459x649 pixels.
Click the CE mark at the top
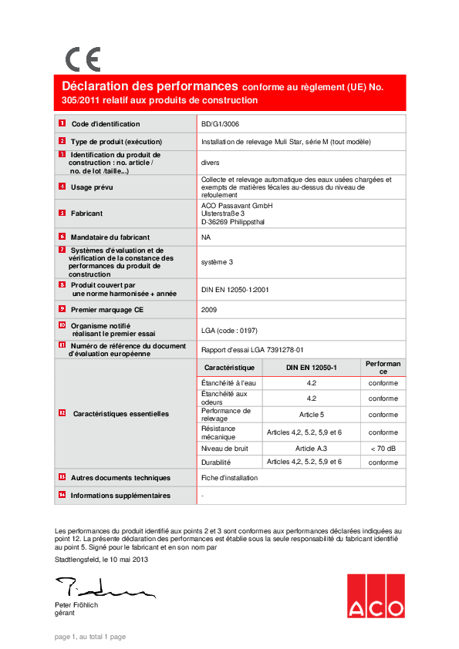83,59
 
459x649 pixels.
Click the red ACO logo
375,595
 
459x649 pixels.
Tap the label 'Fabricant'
86,214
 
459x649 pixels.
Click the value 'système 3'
217,262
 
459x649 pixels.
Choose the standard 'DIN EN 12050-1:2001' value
235,289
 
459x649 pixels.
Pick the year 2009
209,309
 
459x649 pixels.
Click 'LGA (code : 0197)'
229,330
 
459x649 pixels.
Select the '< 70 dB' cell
383,448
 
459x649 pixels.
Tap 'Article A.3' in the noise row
312,448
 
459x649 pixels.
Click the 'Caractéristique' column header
229,368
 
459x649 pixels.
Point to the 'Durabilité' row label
216,462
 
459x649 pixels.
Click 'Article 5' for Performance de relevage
312,414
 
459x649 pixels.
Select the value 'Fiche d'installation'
229,479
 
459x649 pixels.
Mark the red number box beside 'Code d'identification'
62,123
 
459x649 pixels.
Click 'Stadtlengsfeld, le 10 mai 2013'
101,560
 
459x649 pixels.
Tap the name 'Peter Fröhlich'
76,605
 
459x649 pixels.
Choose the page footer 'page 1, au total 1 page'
89,637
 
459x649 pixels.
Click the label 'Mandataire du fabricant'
110,237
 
